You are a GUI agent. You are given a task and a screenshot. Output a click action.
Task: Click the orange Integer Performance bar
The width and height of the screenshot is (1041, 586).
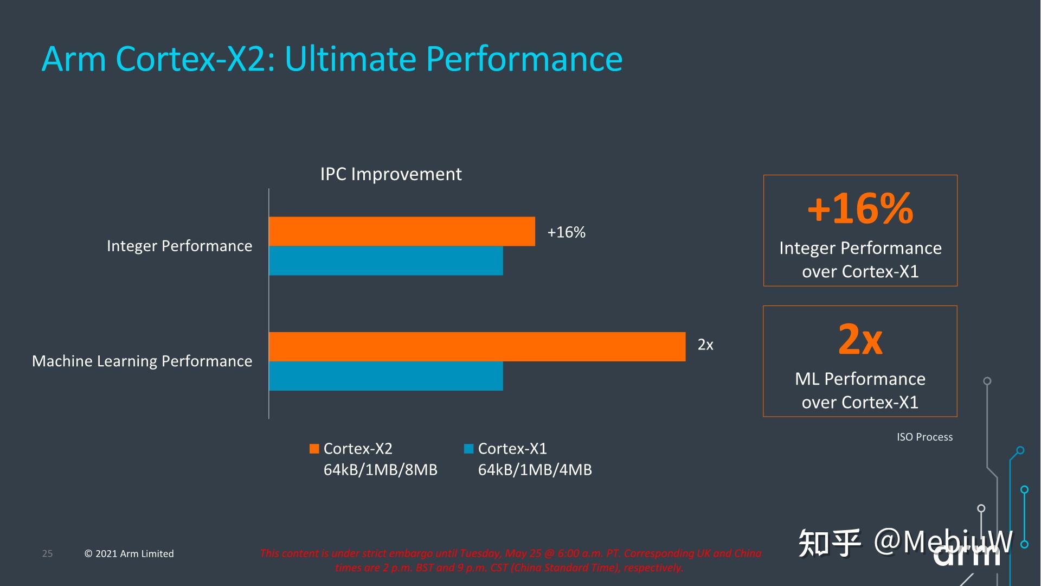(x=401, y=231)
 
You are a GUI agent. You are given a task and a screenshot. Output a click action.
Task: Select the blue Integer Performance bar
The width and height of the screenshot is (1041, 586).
(x=385, y=260)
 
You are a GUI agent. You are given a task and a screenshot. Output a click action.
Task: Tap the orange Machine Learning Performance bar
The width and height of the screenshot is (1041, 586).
(x=477, y=347)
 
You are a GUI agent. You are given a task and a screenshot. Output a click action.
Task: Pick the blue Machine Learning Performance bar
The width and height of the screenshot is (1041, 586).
(x=385, y=376)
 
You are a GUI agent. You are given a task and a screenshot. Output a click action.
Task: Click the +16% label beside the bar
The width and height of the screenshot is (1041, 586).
(x=566, y=232)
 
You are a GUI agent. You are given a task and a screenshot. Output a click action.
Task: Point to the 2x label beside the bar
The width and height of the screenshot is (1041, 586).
(x=705, y=345)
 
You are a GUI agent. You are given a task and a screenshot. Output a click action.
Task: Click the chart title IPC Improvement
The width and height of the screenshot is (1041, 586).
(x=390, y=174)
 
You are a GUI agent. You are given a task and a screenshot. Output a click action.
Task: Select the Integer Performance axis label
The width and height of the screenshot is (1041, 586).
(x=179, y=246)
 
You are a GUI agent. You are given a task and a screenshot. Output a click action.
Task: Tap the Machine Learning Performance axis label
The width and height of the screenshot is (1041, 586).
(x=142, y=361)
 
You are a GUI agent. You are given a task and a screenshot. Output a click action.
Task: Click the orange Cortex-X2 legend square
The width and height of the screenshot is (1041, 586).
(x=314, y=449)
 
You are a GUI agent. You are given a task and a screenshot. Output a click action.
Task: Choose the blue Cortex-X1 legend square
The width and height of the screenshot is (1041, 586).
(x=469, y=449)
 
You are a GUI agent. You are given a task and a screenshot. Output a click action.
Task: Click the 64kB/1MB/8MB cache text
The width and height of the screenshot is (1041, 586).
(x=380, y=470)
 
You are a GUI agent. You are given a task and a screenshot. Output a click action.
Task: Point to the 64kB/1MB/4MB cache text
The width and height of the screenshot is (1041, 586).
(x=535, y=470)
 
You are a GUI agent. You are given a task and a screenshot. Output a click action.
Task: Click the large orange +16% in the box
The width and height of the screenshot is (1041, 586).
(x=860, y=209)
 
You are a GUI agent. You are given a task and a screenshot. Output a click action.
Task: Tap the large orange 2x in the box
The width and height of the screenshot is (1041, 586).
(x=860, y=339)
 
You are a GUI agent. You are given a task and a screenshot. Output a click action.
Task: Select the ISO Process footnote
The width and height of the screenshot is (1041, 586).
(x=924, y=437)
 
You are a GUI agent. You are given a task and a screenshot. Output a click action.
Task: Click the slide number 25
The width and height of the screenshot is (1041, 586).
(x=47, y=553)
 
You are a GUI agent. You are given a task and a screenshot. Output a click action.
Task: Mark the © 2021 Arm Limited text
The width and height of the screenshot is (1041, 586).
(x=129, y=553)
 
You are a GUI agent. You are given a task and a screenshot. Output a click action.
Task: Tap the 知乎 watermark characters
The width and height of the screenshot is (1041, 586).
(x=830, y=542)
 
